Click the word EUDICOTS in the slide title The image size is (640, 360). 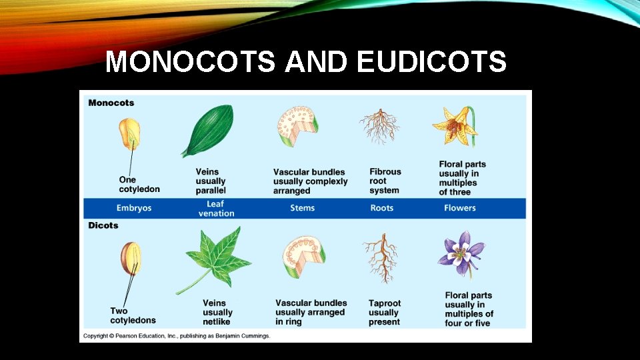(x=431, y=63)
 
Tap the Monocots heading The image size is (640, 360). (x=111, y=103)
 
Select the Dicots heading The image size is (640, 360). (x=103, y=225)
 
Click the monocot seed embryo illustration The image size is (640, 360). (x=130, y=134)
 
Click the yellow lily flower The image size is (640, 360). (x=456, y=126)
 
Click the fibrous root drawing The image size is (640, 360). (x=379, y=127)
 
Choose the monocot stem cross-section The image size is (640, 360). (x=297, y=126)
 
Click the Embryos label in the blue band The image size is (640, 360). (x=134, y=208)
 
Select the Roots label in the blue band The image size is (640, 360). (x=382, y=208)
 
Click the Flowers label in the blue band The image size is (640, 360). (x=460, y=208)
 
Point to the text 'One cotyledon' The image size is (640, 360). (x=139, y=184)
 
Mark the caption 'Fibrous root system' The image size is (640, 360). (x=385, y=181)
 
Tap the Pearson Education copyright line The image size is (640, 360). (x=177, y=335)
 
